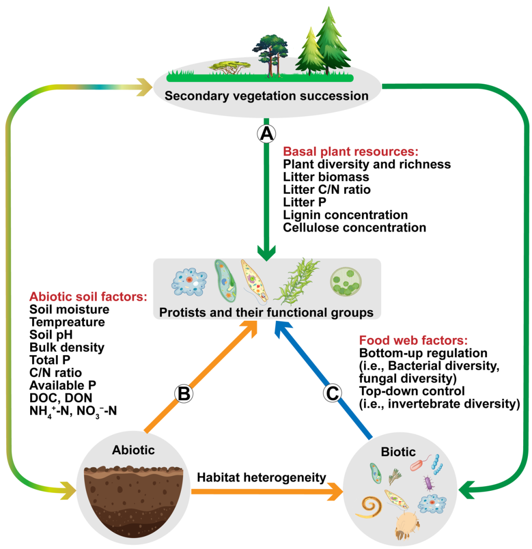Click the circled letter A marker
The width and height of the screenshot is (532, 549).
(x=266, y=133)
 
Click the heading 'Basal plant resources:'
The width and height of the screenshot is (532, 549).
(x=350, y=152)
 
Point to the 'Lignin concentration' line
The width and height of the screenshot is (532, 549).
(x=345, y=215)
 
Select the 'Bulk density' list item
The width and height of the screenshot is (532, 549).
(x=67, y=347)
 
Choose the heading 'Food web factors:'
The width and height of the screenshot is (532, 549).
(x=413, y=342)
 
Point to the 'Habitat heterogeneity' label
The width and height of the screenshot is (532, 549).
(x=261, y=477)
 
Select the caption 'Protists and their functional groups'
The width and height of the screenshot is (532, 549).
(x=266, y=313)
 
